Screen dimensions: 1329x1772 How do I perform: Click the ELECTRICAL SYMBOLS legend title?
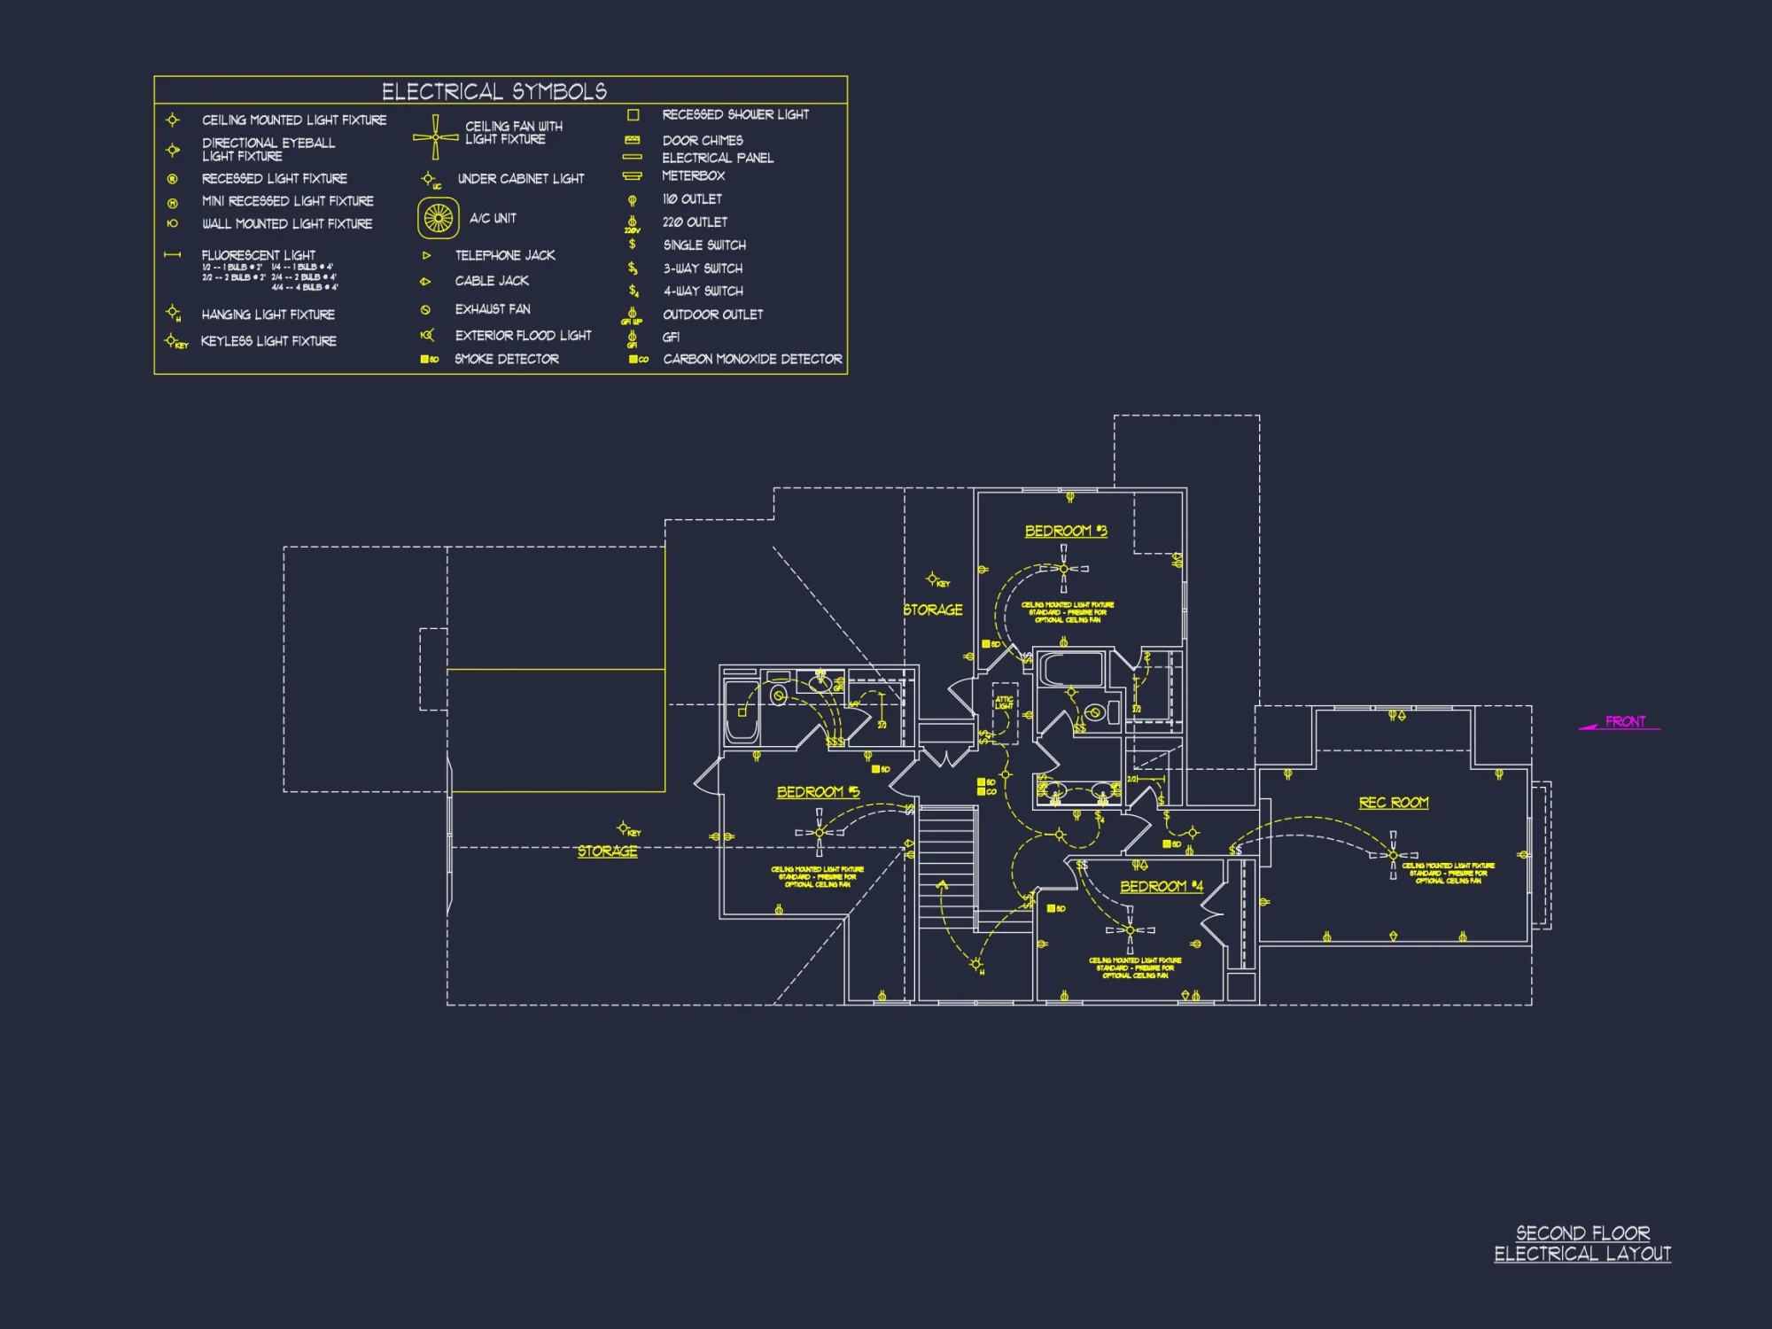pos(494,91)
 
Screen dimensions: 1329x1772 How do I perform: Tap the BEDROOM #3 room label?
pos(1066,531)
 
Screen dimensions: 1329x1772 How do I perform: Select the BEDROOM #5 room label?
pos(818,792)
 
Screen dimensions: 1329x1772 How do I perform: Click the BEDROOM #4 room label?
pos(1161,886)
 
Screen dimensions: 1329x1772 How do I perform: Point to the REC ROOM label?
pos(1394,803)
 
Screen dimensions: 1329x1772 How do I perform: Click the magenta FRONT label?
pos(1625,722)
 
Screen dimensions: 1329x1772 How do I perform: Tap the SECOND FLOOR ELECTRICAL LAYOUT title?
pos(1582,1243)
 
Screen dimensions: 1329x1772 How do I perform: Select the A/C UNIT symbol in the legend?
pos(438,218)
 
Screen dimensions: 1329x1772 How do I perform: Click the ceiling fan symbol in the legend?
pos(435,137)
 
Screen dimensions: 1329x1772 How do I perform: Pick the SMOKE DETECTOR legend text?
pos(507,359)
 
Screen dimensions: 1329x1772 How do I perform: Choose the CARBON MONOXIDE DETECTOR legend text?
pos(752,359)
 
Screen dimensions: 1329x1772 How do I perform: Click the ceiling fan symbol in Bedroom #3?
pos(1064,569)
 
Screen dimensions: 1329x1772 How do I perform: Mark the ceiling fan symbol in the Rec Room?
pos(1393,855)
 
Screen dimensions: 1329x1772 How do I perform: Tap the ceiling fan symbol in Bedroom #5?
pos(819,832)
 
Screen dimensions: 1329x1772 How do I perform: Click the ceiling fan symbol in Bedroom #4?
pos(1130,930)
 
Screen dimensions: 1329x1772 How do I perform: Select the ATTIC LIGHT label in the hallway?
pos(1004,703)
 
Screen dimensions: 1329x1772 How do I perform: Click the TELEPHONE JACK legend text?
pos(505,255)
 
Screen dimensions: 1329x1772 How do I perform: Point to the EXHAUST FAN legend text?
pos(493,309)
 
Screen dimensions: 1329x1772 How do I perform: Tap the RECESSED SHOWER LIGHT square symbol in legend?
pos(633,115)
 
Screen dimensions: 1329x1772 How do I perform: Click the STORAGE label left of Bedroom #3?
pos(933,610)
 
